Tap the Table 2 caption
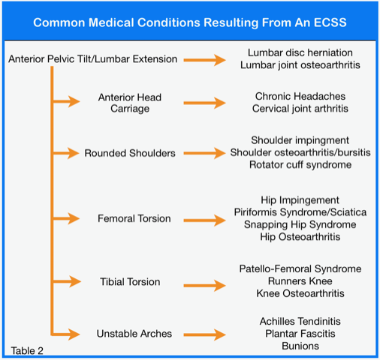[x=27, y=351]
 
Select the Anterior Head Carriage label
[x=130, y=103]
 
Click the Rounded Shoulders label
[x=130, y=153]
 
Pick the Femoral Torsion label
[x=134, y=218]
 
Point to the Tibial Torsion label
[x=130, y=282]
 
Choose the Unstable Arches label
[x=134, y=334]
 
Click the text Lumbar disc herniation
[x=300, y=52]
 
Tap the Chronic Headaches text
[x=300, y=96]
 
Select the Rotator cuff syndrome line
[x=300, y=165]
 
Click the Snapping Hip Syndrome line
[x=300, y=224]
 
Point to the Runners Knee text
[x=300, y=281]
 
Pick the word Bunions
[x=300, y=346]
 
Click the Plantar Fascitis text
[x=300, y=334]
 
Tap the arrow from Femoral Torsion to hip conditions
[x=204, y=220]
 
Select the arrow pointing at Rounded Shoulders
[x=66, y=153]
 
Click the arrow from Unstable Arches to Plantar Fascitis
[x=204, y=334]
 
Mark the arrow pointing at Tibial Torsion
[x=67, y=281]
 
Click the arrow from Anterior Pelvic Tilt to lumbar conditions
[x=204, y=60]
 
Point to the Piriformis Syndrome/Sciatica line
[x=300, y=212]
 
